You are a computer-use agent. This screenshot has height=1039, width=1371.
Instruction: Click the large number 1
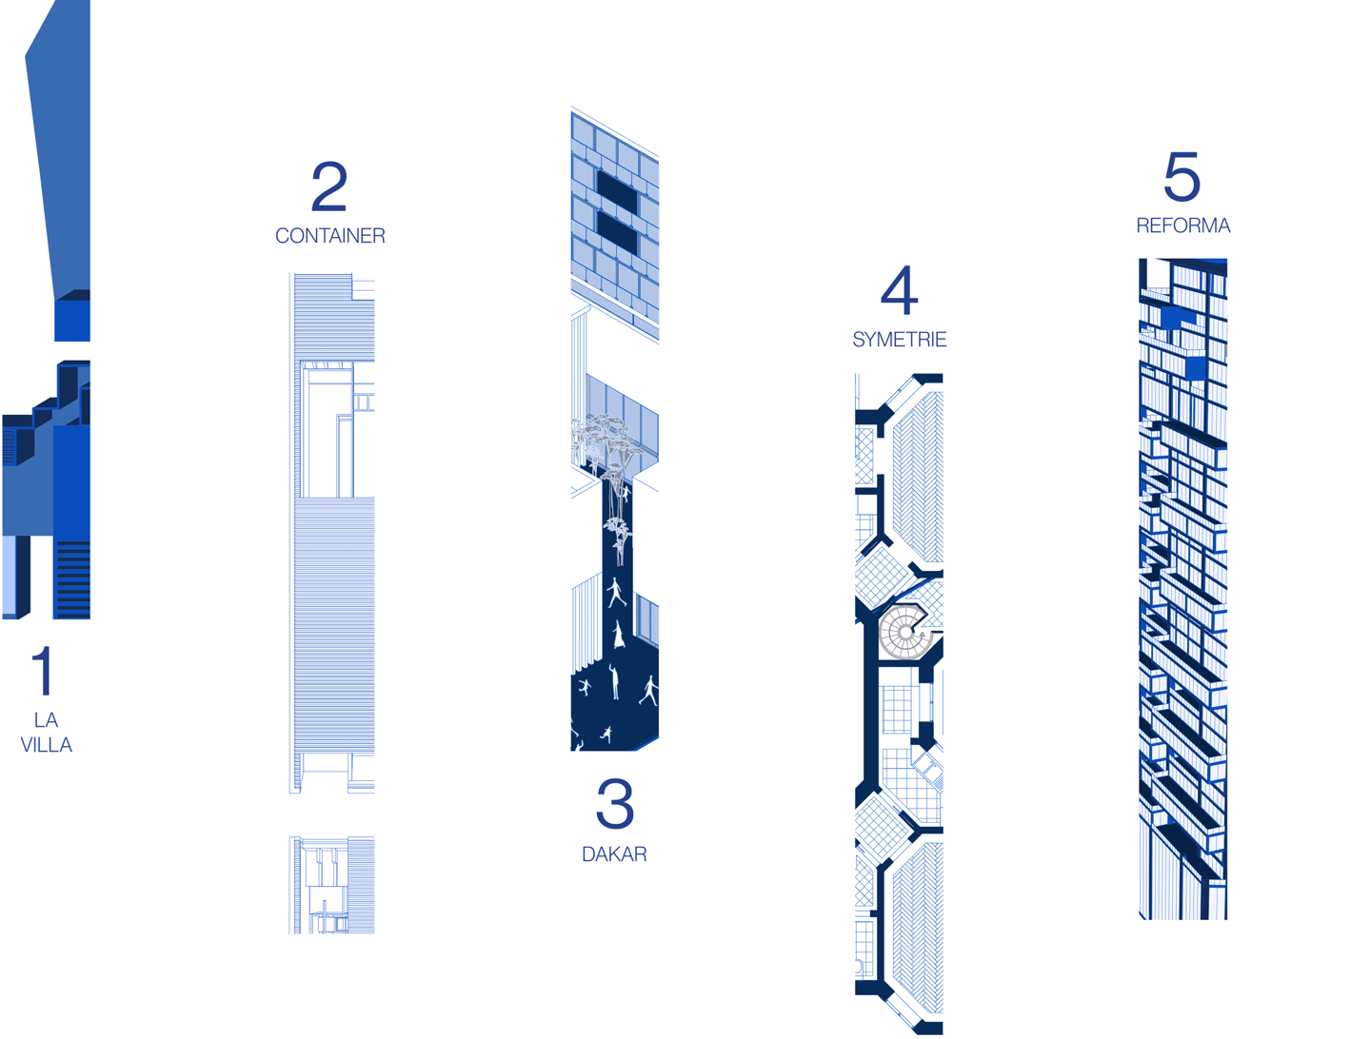point(43,671)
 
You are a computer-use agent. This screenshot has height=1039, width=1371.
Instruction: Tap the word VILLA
point(47,745)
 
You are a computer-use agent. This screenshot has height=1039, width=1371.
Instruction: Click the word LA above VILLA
point(47,720)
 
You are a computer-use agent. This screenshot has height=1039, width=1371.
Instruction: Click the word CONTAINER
point(329,236)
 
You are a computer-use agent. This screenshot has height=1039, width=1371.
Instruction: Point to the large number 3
point(615,803)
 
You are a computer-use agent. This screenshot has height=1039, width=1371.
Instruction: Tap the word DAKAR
point(614,854)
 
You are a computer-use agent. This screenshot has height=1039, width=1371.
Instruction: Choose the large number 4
point(899,290)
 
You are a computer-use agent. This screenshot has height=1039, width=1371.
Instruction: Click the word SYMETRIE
point(900,340)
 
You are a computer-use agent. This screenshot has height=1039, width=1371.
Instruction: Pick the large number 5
point(1182,176)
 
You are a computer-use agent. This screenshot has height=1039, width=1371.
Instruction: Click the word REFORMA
point(1183,225)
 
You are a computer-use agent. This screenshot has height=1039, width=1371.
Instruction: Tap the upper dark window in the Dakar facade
point(617,191)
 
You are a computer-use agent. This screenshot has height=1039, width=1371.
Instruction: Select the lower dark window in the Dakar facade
point(617,233)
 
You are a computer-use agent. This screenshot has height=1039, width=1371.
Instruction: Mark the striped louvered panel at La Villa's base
point(73,578)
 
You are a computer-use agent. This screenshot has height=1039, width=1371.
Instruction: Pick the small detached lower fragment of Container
point(331,885)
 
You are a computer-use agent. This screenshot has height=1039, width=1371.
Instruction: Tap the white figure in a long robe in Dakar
point(618,635)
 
